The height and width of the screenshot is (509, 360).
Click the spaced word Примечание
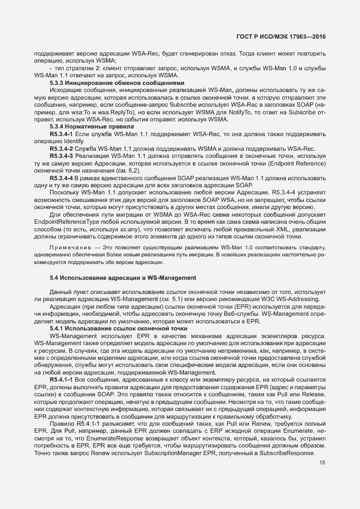pos(68,248)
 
